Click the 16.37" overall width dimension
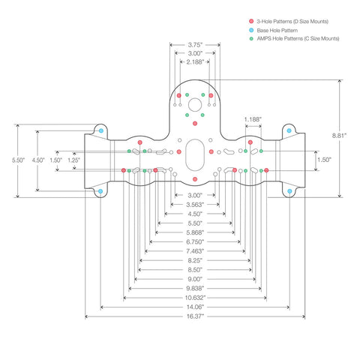pos(195,316)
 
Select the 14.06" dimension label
pos(195,307)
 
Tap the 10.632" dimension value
pos(195,298)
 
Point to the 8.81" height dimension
pos(339,136)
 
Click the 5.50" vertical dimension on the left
pos(19,160)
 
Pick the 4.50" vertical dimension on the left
pos(38,160)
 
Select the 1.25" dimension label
pos(74,160)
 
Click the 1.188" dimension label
pos(253,119)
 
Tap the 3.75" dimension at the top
pos(195,45)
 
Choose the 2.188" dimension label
pos(195,62)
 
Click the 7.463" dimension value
pos(195,251)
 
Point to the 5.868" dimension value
pos(195,232)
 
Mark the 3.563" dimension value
pos(195,205)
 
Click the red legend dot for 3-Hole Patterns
pos(251,21)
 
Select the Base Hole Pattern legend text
pos(277,31)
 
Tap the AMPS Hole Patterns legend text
pos(298,38)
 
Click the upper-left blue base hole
pos(101,130)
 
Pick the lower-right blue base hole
pos(289,191)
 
